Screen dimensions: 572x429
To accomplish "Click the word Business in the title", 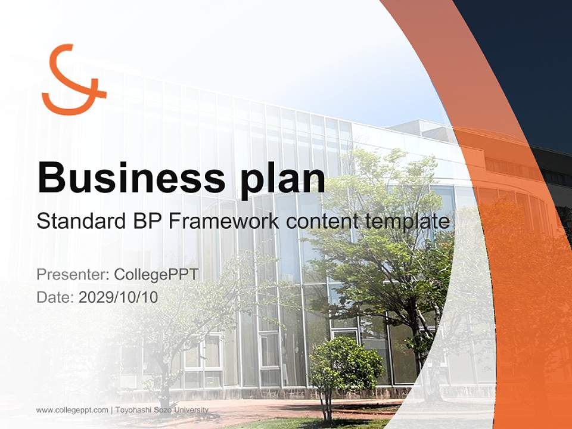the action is [132, 178].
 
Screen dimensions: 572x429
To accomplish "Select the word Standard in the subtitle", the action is [82, 221].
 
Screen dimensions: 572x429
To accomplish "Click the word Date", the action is [55, 297].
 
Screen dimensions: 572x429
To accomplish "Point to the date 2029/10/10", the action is [118, 297].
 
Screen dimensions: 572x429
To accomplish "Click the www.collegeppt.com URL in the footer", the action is [72, 411].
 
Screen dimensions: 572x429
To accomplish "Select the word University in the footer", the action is [191, 410].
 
